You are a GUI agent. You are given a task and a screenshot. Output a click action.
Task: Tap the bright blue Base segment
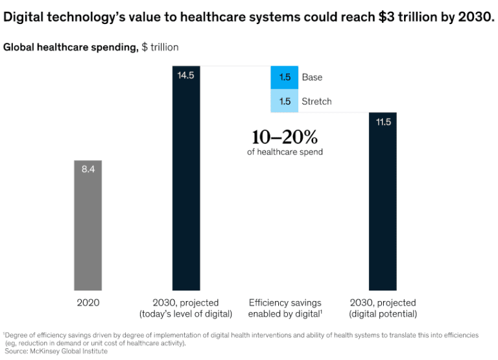(284, 77)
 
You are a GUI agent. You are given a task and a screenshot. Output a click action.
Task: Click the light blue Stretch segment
(284, 101)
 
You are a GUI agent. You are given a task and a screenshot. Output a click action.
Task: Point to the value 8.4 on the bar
(88, 169)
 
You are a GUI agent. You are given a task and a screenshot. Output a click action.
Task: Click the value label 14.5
(186, 75)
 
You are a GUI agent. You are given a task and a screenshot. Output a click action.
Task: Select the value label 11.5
(383, 122)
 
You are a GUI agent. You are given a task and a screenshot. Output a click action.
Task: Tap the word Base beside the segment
(312, 77)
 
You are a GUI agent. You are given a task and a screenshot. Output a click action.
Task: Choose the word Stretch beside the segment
(316, 101)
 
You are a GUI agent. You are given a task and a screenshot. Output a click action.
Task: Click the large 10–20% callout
(285, 137)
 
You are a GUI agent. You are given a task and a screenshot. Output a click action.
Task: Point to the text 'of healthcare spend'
(285, 152)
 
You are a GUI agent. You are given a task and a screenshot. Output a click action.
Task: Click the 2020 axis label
(88, 303)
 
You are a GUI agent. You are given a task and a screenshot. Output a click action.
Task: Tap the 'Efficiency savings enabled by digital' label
(285, 309)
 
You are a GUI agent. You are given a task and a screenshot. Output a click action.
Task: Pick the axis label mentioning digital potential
(383, 309)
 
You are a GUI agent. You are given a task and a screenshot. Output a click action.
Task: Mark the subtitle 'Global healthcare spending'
(71, 47)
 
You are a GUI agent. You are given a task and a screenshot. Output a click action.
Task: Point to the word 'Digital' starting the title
(25, 16)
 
